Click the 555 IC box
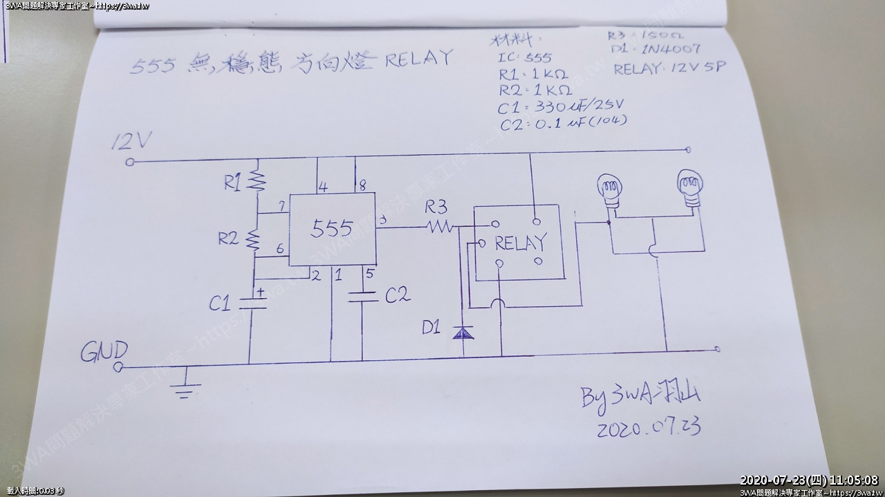(332, 229)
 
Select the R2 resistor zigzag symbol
(254, 240)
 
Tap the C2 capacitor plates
(362, 297)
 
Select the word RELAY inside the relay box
(520, 243)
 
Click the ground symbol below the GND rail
(185, 387)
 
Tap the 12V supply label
(131, 142)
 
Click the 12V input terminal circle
(130, 162)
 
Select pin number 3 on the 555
(383, 221)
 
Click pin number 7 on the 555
(281, 207)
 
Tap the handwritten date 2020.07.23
(648, 427)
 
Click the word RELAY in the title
(418, 58)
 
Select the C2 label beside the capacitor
(398, 295)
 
